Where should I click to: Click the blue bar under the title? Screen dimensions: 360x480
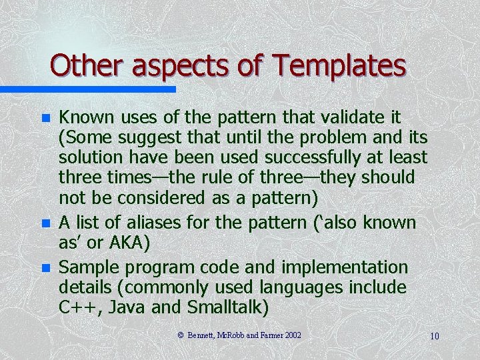(x=87, y=89)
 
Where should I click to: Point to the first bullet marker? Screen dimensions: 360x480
(x=45, y=119)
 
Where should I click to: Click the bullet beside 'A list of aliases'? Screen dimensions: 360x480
(x=45, y=223)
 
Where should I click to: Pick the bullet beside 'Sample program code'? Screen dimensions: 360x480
(x=45, y=268)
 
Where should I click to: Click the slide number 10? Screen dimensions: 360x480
(x=434, y=336)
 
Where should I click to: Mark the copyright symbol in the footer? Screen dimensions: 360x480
(x=181, y=335)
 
